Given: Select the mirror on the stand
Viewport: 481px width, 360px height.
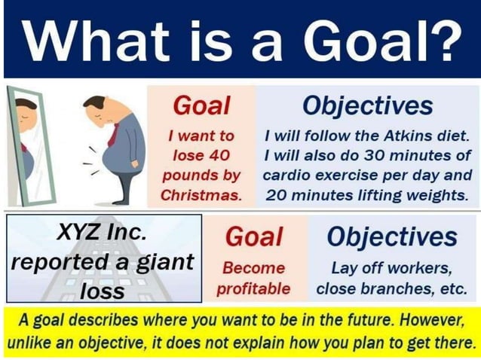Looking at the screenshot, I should click(x=24, y=147).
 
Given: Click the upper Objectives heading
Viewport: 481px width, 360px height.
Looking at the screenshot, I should click(x=368, y=105).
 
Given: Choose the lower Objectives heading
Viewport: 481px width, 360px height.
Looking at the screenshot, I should click(x=392, y=237).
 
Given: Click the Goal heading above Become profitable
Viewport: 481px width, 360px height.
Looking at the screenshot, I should click(x=254, y=237).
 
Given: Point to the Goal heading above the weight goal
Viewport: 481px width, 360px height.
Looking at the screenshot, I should click(x=201, y=105).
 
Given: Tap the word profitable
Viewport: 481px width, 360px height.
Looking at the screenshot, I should click(x=254, y=288).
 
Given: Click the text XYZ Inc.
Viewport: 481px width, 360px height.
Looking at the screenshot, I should click(x=103, y=232).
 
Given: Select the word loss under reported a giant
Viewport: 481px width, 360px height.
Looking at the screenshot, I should click(x=103, y=290).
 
